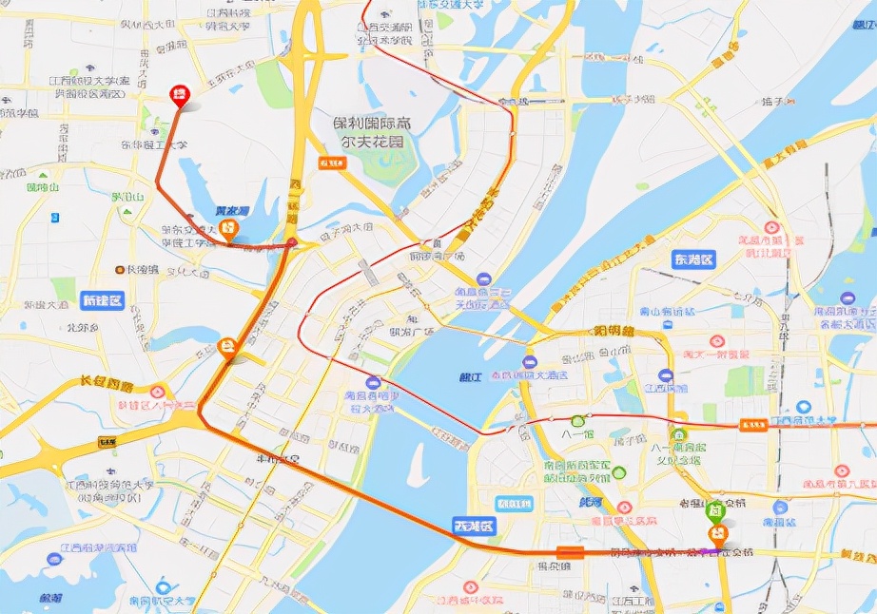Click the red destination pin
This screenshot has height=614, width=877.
tap(179, 94)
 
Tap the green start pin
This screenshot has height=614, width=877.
tap(716, 510)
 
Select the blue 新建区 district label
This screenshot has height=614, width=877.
tap(102, 300)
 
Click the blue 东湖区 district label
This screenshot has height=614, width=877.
tap(692, 259)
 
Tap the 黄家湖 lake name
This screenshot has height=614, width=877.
tap(231, 210)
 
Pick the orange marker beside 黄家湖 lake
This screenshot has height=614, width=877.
tap(228, 229)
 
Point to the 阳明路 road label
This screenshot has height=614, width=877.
tap(614, 332)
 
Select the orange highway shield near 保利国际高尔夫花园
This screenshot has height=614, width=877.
tap(331, 163)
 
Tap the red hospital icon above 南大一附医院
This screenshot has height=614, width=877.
tap(718, 340)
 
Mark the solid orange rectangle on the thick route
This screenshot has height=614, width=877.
tap(571, 552)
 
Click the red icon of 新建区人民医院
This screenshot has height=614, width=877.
tap(157, 391)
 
